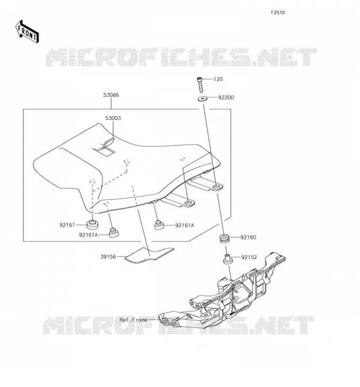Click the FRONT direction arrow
[x=27, y=31]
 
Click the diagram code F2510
[x=278, y=13]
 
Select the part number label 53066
[x=111, y=95]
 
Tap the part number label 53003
[x=113, y=118]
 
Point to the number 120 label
[x=218, y=79]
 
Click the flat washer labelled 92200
[x=203, y=99]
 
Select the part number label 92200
[x=226, y=98]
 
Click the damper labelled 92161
[x=92, y=224]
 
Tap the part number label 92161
[x=67, y=225]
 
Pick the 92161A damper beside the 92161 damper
[x=114, y=233]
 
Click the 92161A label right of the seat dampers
[x=184, y=225]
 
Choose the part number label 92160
[x=248, y=238]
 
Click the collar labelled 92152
[x=227, y=259]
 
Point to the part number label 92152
[x=249, y=257]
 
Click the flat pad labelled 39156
[x=149, y=255]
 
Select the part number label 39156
[x=108, y=257]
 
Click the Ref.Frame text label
[x=134, y=320]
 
